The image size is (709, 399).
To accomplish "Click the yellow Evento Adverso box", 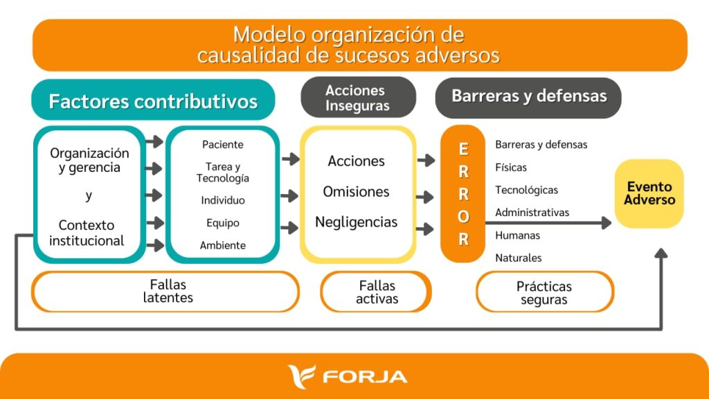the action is click(649, 193).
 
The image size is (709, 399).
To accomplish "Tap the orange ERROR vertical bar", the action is click(463, 194).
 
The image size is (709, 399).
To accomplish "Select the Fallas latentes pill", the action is click(165, 292).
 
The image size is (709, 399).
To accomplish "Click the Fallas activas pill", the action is click(376, 292).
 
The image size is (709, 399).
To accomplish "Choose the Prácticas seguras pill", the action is click(545, 292).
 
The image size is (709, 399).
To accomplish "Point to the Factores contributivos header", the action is click(153, 100).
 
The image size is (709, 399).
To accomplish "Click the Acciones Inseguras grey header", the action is click(358, 97).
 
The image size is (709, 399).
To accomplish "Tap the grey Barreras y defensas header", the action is click(528, 97).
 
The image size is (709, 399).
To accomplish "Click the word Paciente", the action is click(222, 145).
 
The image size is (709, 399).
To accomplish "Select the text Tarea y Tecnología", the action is click(222, 172).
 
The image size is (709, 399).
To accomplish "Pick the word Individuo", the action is click(223, 200).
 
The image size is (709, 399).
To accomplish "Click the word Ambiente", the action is click(223, 245).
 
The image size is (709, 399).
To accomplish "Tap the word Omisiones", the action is click(356, 192).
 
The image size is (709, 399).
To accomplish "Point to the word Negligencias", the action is click(357, 222).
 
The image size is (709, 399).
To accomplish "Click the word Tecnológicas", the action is click(526, 190).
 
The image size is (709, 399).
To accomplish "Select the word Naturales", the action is click(518, 258).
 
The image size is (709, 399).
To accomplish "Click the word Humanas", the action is click(517, 236).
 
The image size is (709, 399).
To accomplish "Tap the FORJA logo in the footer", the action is click(348, 376).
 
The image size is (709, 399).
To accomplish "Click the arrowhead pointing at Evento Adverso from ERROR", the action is click(607, 222).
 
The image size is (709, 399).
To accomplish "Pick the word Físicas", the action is click(511, 168).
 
